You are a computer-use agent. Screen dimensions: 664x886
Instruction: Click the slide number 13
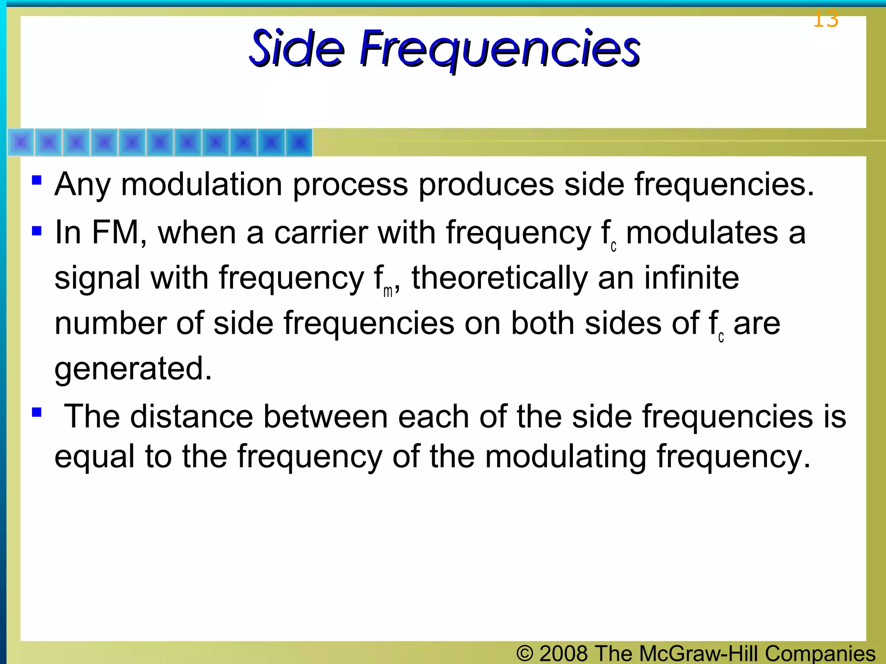tap(825, 20)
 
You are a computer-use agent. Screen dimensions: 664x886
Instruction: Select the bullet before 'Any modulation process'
tap(37, 179)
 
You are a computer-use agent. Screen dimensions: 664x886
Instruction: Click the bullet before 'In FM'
tap(37, 231)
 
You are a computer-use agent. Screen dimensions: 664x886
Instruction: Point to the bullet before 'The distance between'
tap(37, 412)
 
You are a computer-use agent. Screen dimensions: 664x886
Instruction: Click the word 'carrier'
tap(321, 233)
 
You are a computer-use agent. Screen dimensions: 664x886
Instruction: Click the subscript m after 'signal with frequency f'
tap(388, 291)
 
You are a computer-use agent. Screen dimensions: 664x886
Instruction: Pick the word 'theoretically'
tap(500, 278)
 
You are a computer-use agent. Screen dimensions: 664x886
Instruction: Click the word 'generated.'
tap(133, 369)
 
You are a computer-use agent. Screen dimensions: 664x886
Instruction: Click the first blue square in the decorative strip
tap(21, 142)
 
